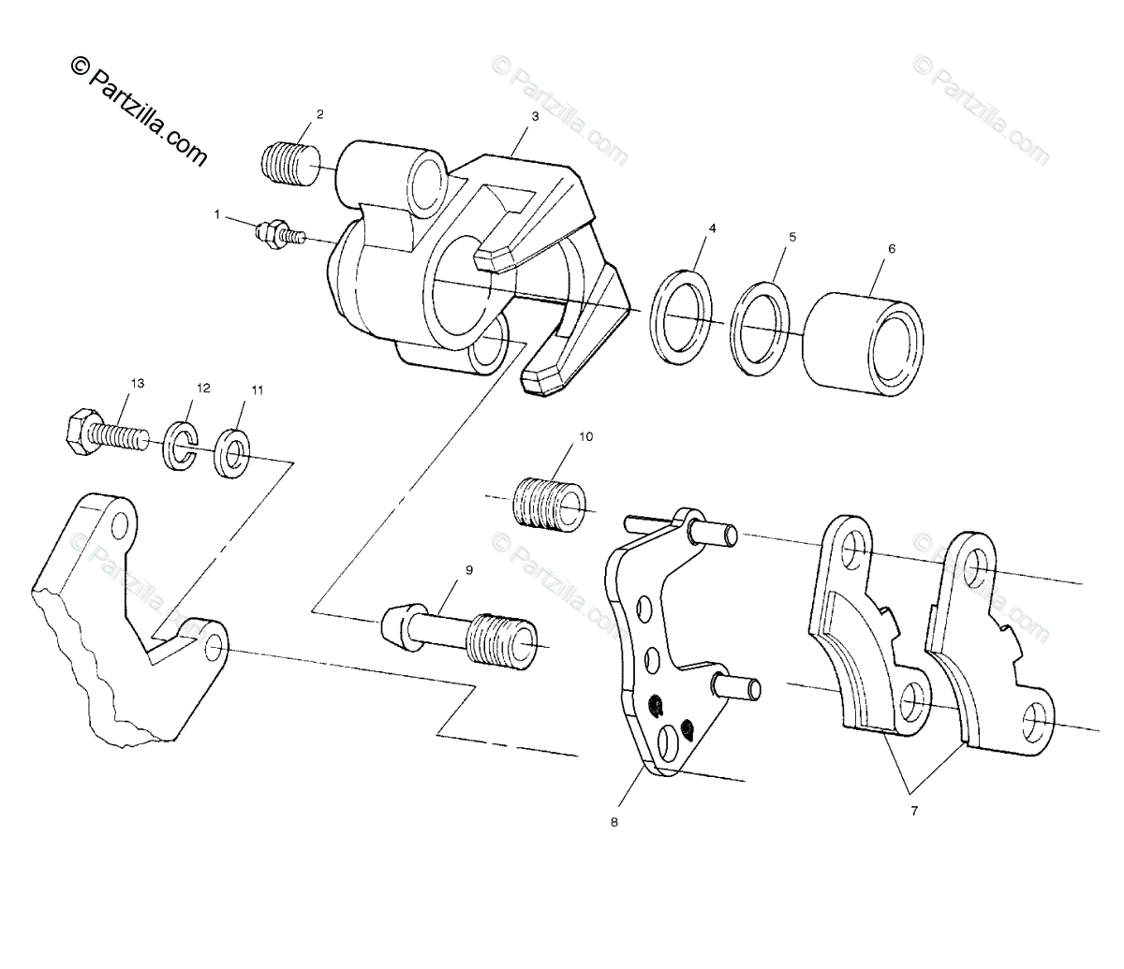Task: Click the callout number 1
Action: (217, 214)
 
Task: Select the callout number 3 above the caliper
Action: (535, 117)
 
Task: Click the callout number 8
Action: (614, 823)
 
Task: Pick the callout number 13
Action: (138, 384)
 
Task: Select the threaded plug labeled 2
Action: (288, 161)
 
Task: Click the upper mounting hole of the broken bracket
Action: (118, 526)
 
